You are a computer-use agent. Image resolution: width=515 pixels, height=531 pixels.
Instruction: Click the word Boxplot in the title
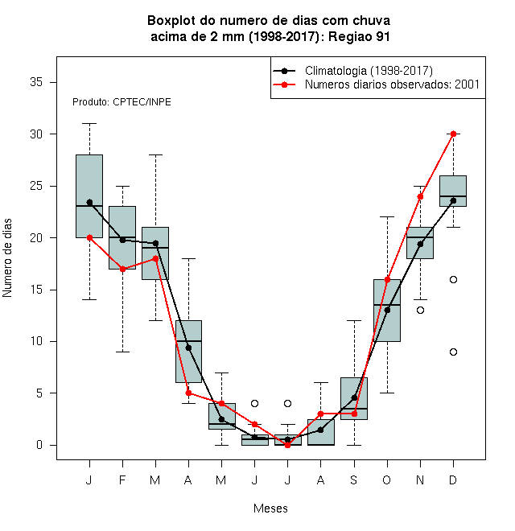tap(171, 21)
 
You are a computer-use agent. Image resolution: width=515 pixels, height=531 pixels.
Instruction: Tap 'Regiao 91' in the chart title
tap(359, 36)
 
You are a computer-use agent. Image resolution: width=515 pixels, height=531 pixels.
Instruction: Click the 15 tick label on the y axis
tap(36, 290)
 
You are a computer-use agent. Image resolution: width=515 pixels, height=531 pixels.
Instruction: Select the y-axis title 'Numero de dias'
tap(7, 258)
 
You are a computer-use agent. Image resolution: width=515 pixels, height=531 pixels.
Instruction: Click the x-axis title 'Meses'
tap(270, 508)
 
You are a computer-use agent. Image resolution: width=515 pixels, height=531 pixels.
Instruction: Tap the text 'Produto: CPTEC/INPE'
tap(122, 102)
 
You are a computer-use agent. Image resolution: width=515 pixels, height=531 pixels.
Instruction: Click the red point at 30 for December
tap(453, 134)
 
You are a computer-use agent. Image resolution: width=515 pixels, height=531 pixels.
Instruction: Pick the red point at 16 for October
tap(387, 279)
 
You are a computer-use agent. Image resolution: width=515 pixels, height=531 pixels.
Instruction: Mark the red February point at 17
tap(122, 269)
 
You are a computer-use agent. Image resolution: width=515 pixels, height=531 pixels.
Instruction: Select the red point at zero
tap(287, 445)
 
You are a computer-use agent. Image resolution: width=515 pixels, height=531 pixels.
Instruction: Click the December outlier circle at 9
tap(453, 352)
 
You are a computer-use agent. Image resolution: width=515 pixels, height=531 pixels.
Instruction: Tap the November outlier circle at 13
tap(420, 310)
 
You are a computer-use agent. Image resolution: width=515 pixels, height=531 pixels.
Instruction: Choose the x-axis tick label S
tap(354, 480)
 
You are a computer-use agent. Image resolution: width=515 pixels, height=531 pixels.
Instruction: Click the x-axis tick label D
tap(453, 480)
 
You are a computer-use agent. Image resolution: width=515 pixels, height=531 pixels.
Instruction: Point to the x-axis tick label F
tap(122, 480)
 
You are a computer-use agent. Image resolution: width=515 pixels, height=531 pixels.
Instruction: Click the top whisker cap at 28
tap(155, 154)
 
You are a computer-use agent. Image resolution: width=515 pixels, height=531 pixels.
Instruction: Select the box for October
tap(387, 311)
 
